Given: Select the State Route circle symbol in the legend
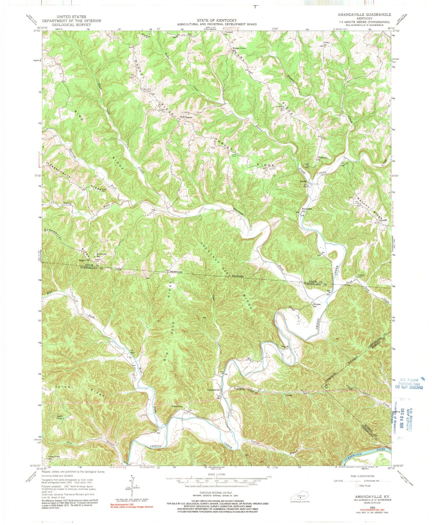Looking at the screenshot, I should click(x=357, y=486).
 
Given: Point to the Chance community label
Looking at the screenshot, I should click(x=189, y=117).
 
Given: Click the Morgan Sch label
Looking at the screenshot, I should click(x=317, y=305).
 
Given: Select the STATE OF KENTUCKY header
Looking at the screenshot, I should click(x=217, y=20).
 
